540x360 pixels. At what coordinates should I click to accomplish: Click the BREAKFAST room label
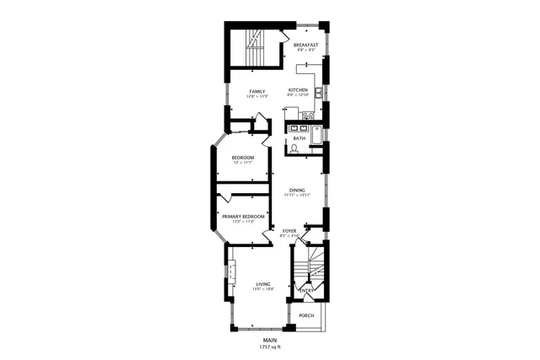(x=305, y=44)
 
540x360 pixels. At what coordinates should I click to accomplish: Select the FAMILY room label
(x=256, y=91)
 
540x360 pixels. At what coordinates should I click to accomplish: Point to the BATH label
(x=299, y=137)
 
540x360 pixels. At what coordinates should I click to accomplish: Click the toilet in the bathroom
(x=294, y=148)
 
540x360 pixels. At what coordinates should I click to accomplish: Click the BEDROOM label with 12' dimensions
(x=243, y=157)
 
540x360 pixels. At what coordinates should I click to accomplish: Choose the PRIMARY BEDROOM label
(x=243, y=217)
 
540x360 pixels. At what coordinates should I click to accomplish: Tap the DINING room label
(x=296, y=190)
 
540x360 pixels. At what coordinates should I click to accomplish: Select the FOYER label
(x=289, y=230)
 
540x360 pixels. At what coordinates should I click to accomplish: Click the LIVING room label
(x=262, y=284)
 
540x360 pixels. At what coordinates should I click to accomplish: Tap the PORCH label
(x=306, y=315)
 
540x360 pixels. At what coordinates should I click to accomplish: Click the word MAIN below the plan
(x=269, y=341)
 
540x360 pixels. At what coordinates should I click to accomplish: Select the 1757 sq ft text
(x=269, y=347)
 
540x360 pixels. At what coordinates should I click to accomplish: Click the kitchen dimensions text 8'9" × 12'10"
(x=299, y=96)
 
